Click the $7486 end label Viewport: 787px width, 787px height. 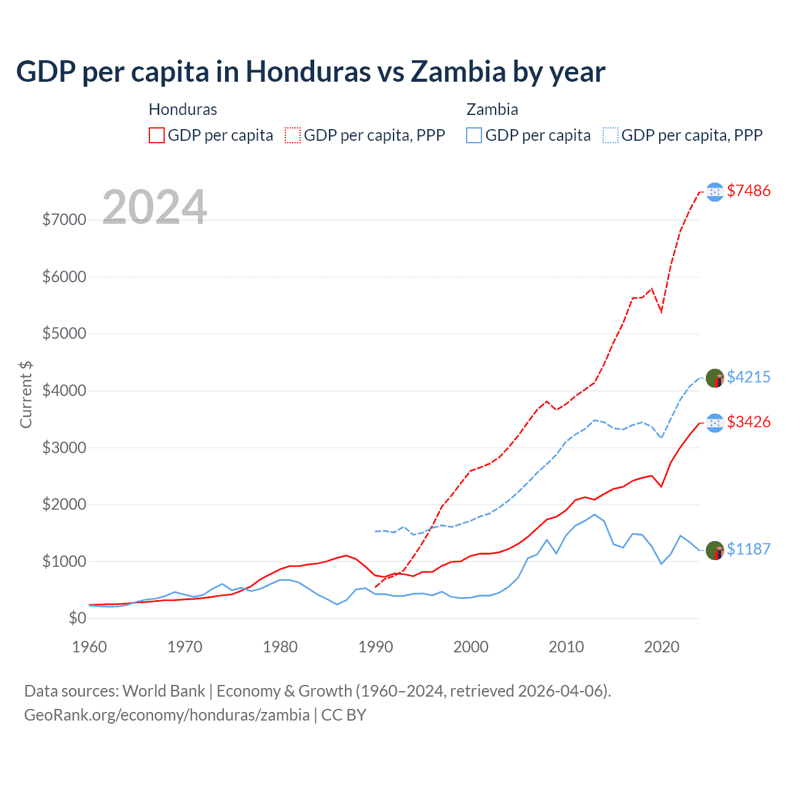coord(748,191)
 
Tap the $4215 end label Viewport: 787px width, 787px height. coord(748,377)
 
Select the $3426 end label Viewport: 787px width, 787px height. coord(748,422)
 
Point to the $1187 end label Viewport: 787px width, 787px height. coord(748,549)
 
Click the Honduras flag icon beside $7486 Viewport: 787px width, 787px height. coord(714,192)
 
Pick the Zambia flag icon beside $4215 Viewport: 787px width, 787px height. coord(714,378)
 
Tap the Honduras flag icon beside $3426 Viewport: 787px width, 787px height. coord(714,423)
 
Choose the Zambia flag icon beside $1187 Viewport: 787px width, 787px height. coord(714,550)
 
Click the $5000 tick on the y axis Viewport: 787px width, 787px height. coord(64,334)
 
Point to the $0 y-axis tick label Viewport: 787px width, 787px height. coord(77,618)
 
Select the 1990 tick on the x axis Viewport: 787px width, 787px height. coord(375,647)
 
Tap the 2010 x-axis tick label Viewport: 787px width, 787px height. coord(566,647)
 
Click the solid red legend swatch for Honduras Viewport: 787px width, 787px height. coord(157,135)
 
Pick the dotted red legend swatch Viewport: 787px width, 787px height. coord(293,135)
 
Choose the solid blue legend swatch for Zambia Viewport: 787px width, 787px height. coord(474,135)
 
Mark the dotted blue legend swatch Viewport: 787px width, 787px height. coord(611,135)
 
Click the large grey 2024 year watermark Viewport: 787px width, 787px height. coord(154,207)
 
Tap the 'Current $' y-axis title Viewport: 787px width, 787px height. coord(26,395)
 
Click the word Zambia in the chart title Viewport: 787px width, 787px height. coord(458,71)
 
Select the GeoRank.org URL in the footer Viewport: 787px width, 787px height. coord(167,715)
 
